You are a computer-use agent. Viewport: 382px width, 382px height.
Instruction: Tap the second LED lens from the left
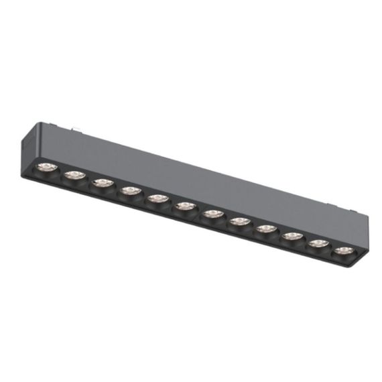pyautogui.click(x=73, y=174)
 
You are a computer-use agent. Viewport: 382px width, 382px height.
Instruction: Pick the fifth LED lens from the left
pyautogui.click(x=157, y=198)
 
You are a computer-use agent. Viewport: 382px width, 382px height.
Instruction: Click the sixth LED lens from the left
pyautogui.click(x=185, y=206)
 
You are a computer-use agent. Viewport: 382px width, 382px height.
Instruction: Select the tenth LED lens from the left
pyautogui.click(x=292, y=236)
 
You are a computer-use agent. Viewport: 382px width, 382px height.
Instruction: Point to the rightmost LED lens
pyautogui.click(x=344, y=251)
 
